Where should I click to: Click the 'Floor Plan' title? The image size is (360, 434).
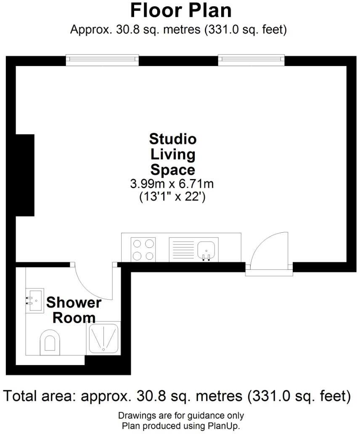point(181,11)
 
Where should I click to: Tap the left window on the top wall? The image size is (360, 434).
point(102,60)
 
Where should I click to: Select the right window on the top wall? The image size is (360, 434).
point(251,60)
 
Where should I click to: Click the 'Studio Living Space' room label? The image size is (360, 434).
point(173,154)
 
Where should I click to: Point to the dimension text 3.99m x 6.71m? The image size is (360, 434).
point(173,184)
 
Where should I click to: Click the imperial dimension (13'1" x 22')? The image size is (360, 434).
point(172,197)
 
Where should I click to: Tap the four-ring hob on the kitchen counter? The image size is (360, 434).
point(143,250)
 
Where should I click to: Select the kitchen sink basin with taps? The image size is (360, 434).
point(206,250)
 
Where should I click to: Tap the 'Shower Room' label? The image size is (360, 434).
point(74,310)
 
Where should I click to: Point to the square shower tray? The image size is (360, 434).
point(103,338)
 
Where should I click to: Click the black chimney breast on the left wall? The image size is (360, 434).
point(25,175)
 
